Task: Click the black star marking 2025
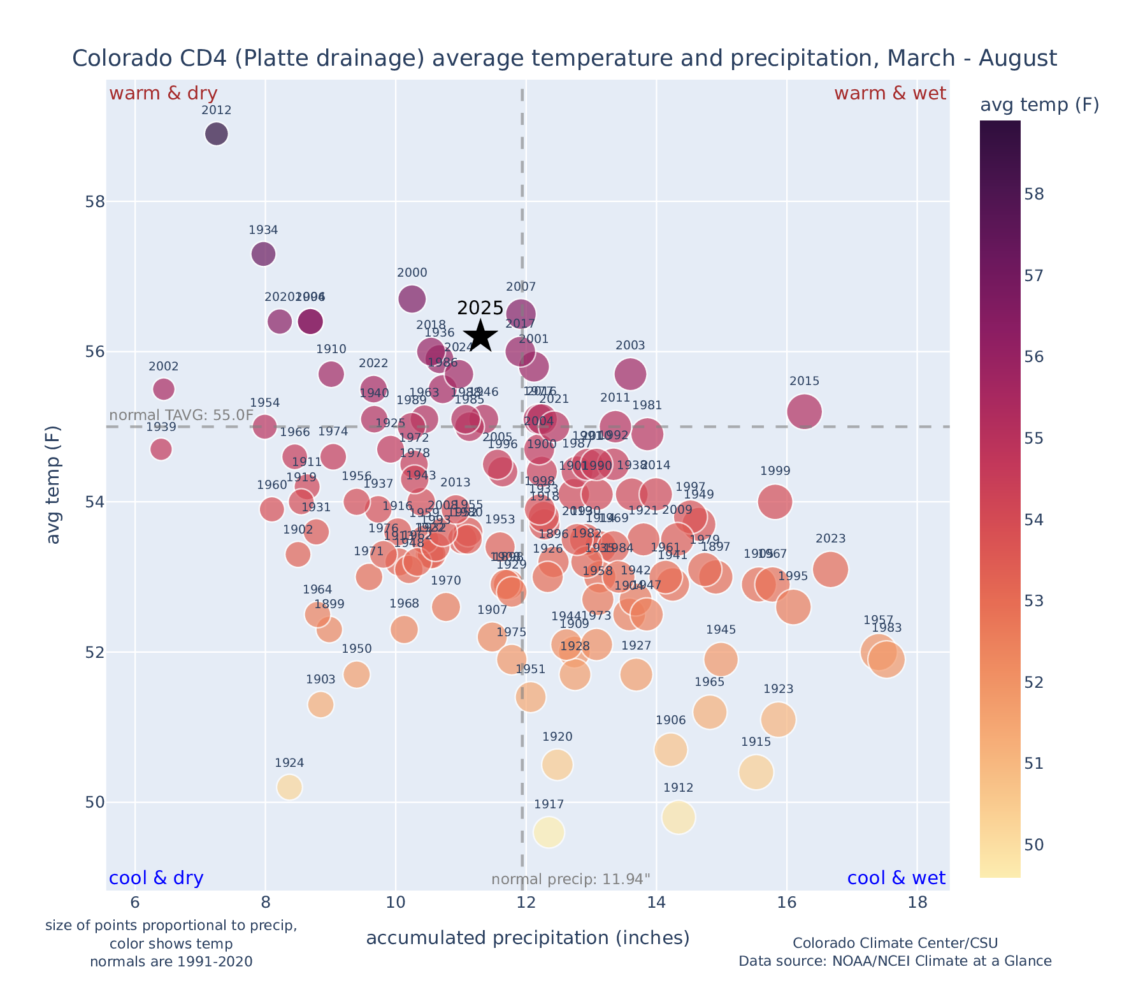480,335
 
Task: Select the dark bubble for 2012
217,134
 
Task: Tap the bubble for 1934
263,254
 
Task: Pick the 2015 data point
804,412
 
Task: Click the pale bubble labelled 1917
549,832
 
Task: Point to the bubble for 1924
289,787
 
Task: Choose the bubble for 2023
830,569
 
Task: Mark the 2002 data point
164,389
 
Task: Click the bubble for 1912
678,817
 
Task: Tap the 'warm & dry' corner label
163,94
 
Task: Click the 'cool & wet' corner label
896,878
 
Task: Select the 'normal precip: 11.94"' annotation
571,880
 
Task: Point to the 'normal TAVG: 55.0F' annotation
182,416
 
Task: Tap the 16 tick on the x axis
787,903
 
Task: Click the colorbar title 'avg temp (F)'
1039,105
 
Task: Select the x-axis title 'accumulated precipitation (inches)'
528,938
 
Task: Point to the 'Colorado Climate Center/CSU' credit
895,943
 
